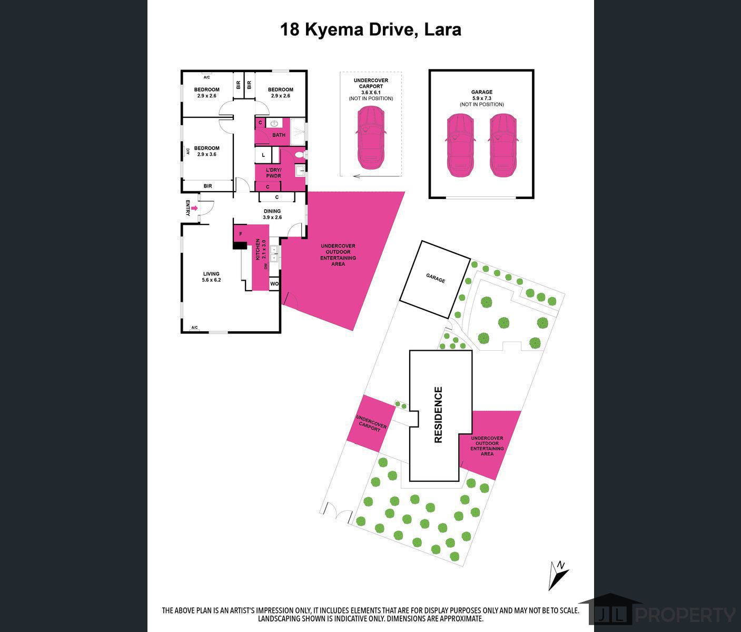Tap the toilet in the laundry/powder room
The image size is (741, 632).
coord(299,155)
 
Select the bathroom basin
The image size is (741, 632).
coord(274,124)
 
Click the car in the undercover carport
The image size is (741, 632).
coord(371,137)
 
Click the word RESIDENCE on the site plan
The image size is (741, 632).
coord(438,415)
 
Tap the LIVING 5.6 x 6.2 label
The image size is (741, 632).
coord(211,276)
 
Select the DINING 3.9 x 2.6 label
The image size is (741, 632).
coord(272,214)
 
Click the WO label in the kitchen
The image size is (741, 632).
coord(274,283)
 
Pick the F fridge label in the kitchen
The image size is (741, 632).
coord(241,234)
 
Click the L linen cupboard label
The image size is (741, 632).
coord(263,155)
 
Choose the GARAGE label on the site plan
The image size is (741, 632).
coord(436,278)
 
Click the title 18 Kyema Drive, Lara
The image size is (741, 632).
coord(370,29)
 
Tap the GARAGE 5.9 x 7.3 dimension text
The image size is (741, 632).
coord(482,98)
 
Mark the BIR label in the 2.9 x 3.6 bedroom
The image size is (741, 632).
coord(208,186)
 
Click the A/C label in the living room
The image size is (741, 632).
coord(194,327)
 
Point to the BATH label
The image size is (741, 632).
coord(279,135)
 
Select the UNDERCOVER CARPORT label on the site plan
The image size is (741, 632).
coord(371,423)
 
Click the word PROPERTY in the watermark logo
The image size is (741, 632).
coord(685,615)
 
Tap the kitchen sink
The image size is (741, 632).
coord(274,253)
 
